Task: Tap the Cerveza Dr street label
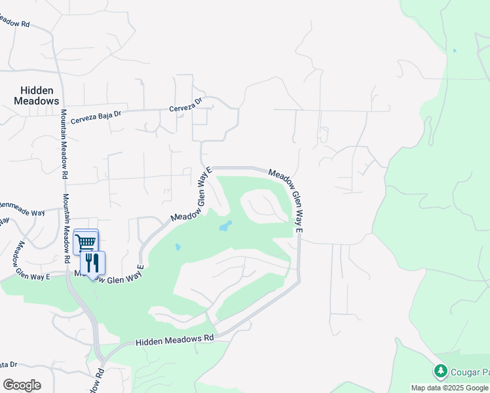[187, 109]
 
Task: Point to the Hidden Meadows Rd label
[175, 340]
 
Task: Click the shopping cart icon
[86, 242]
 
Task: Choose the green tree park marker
[441, 371]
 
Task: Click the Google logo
[22, 385]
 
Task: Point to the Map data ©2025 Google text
[450, 388]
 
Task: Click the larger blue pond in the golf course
[225, 227]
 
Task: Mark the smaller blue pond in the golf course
[178, 248]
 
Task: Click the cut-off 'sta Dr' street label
[8, 364]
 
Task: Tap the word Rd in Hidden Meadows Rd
[208, 337]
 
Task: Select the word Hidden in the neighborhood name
[37, 90]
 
